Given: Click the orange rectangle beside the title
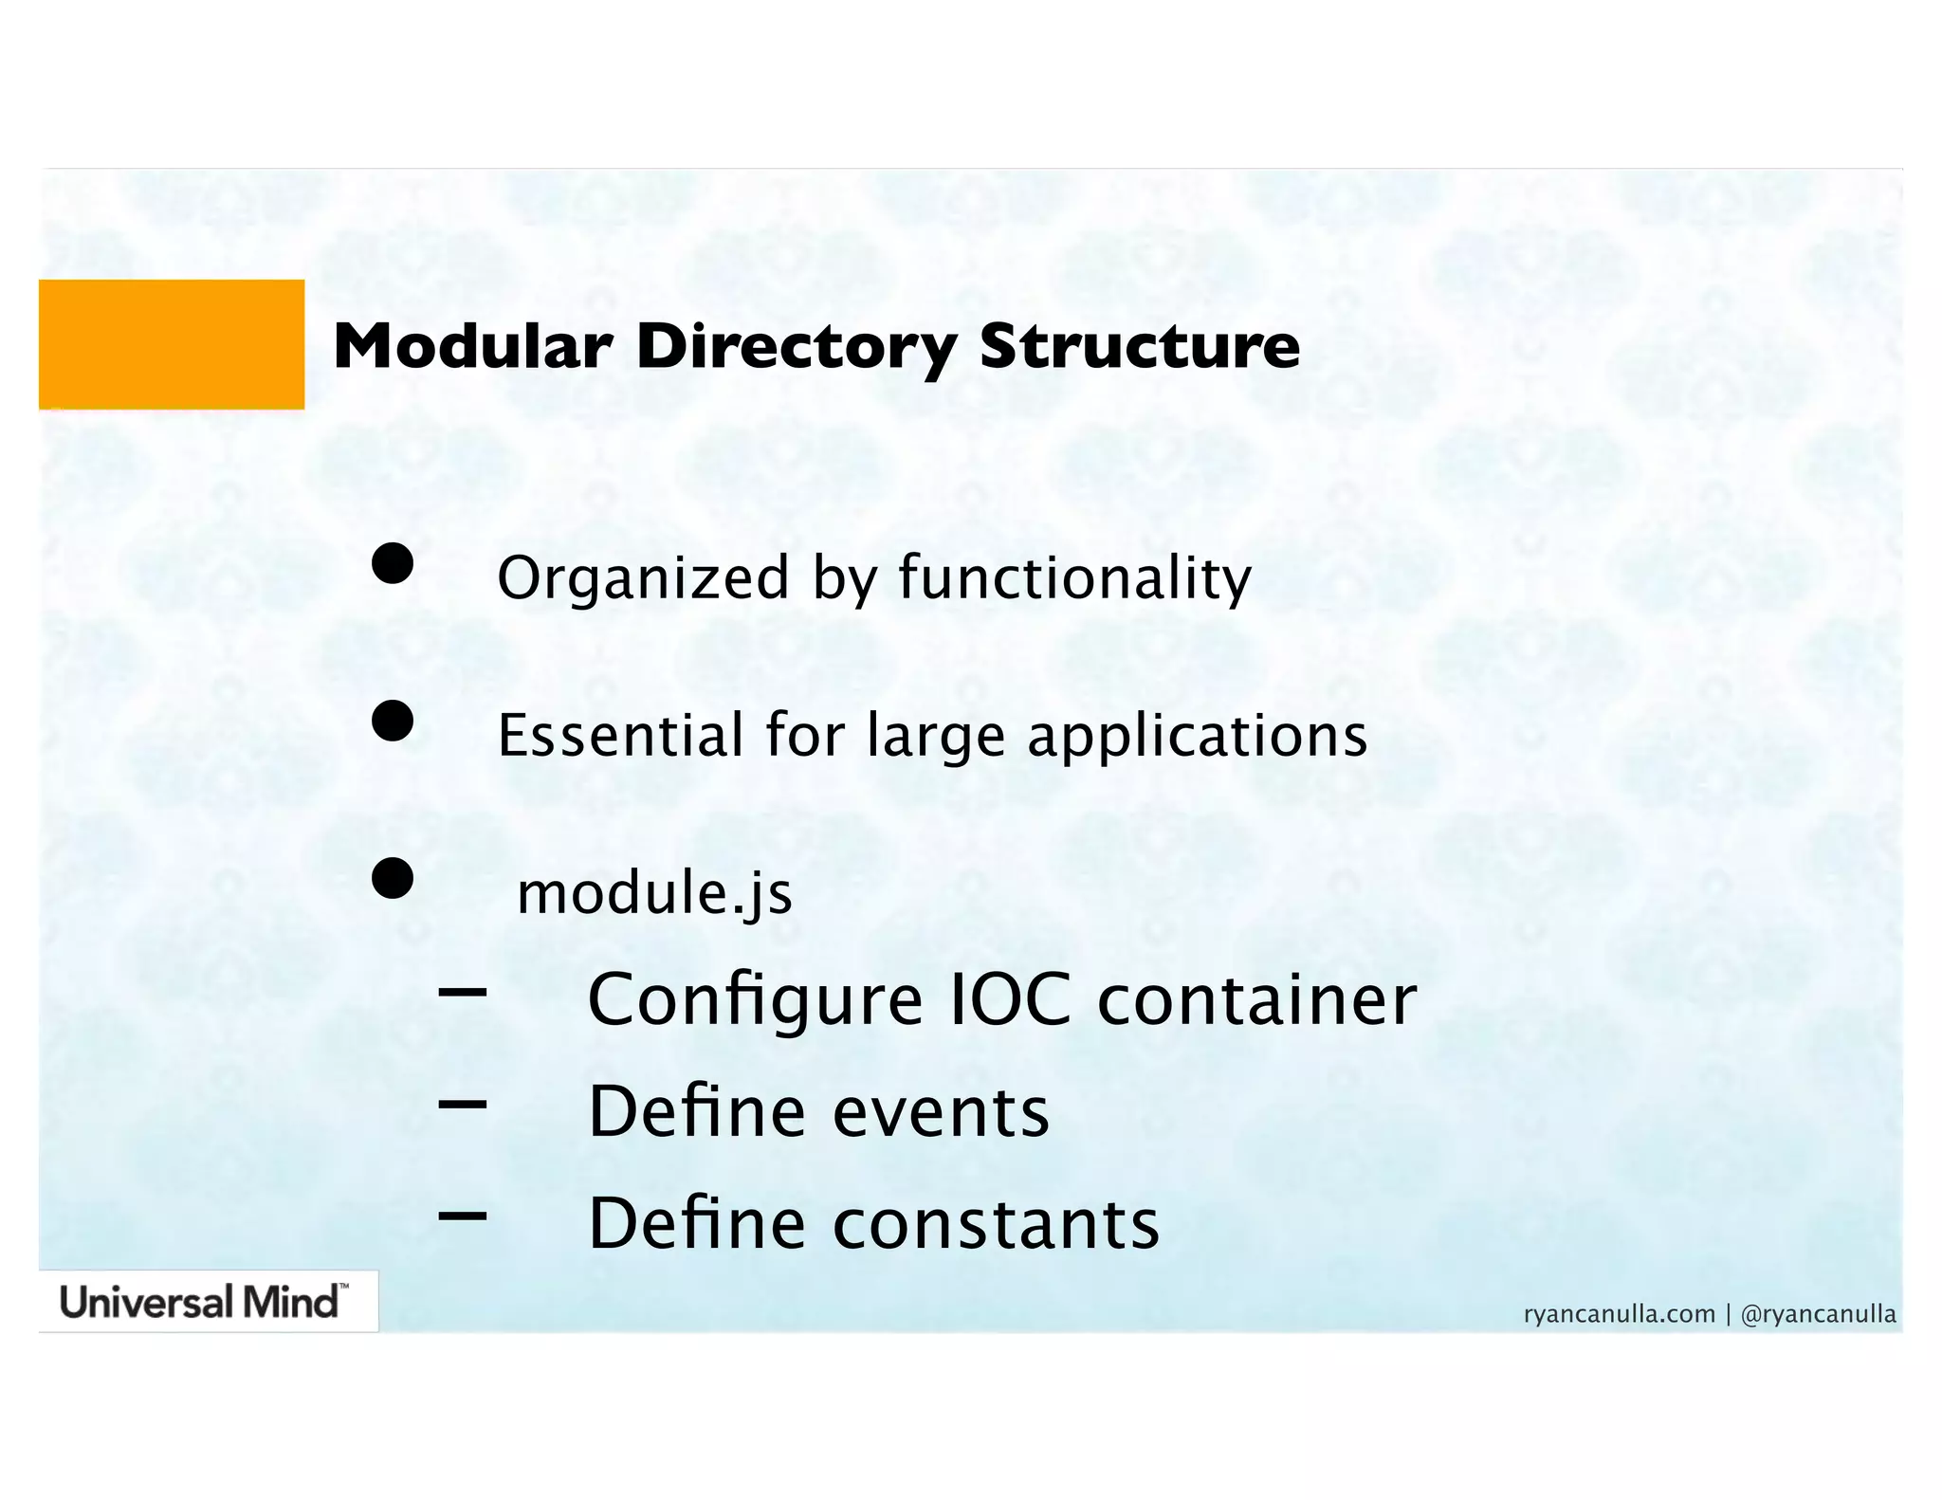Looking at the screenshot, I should pyautogui.click(x=171, y=344).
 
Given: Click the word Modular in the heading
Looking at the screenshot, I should pyautogui.click(x=472, y=346).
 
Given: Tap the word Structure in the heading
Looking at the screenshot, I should pyautogui.click(x=1139, y=346).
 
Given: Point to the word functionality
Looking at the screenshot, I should pyautogui.click(x=1074, y=578).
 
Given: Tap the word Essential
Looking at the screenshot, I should pyautogui.click(x=620, y=736).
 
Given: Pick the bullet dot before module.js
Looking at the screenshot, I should pyautogui.click(x=392, y=879).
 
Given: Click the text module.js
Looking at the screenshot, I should pyautogui.click(x=654, y=894).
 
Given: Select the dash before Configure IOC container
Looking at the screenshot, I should pyautogui.click(x=463, y=993).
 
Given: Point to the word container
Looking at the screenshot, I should pyautogui.click(x=1256, y=1000).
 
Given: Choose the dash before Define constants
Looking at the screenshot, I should pyautogui.click(x=463, y=1215).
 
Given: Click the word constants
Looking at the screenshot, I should pyautogui.click(x=996, y=1224).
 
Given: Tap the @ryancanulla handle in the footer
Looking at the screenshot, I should pyautogui.click(x=1818, y=1314).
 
